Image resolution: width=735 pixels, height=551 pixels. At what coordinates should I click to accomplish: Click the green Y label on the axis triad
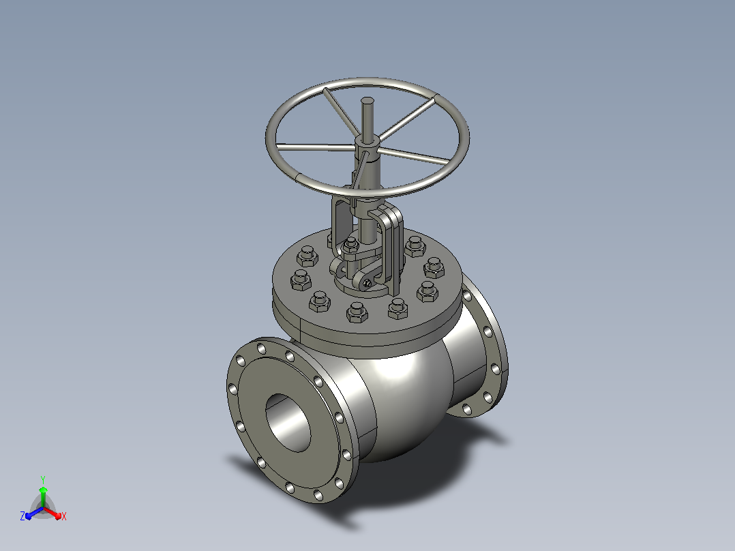43,479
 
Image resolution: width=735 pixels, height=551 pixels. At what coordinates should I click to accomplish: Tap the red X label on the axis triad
64,516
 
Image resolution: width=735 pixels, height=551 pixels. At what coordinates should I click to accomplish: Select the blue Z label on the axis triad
22,516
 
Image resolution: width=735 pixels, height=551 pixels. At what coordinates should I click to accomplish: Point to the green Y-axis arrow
43,497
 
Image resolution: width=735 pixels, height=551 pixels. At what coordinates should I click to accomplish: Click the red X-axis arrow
52,513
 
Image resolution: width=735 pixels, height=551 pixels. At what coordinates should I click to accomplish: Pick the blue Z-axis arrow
34,513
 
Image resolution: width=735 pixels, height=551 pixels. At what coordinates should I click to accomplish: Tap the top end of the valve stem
367,100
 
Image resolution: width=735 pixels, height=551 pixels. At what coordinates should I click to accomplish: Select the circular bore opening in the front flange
288,423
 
